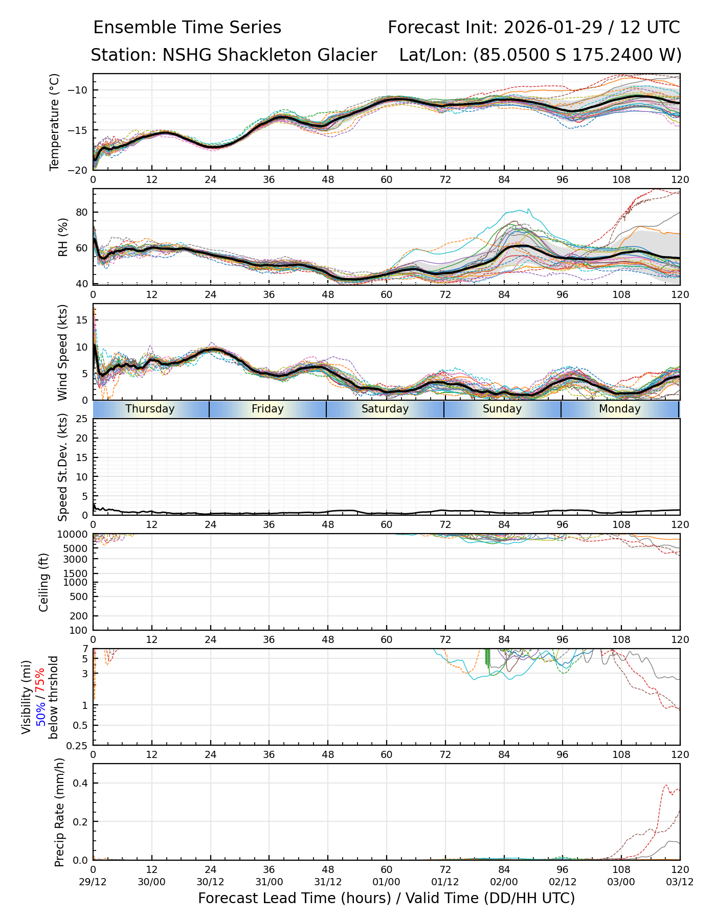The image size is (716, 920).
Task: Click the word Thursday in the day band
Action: [150, 409]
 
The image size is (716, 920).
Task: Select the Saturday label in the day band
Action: [385, 409]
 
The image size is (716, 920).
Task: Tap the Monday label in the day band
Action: [619, 409]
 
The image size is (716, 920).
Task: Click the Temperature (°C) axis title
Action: [55, 122]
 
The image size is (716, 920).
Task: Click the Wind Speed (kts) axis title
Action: [63, 352]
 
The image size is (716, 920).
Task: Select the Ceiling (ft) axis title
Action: [44, 582]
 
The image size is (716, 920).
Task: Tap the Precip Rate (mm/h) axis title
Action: [60, 812]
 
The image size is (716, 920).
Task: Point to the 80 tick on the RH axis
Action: [82, 212]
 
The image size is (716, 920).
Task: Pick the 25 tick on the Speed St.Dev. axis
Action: [82, 419]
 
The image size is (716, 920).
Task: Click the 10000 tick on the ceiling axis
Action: [74, 535]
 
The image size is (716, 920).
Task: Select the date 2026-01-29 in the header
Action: [554, 28]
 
